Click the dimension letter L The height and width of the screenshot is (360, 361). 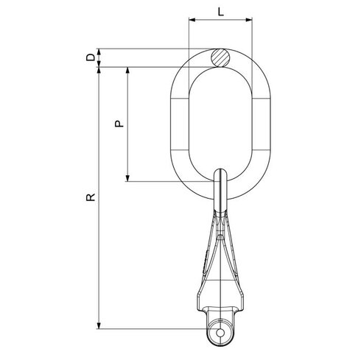(x=221, y=12)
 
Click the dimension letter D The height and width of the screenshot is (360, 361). (x=91, y=57)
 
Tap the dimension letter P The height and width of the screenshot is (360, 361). (x=119, y=124)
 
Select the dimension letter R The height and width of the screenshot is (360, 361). (x=91, y=197)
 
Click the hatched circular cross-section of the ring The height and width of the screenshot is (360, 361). (x=220, y=58)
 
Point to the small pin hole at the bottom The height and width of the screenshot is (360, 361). (x=220, y=333)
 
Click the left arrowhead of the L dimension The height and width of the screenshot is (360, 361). (x=192, y=20)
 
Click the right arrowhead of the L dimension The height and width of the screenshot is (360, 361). (x=249, y=20)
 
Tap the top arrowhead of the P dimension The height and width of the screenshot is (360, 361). (x=127, y=70)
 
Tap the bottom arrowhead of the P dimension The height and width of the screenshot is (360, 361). (x=127, y=178)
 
